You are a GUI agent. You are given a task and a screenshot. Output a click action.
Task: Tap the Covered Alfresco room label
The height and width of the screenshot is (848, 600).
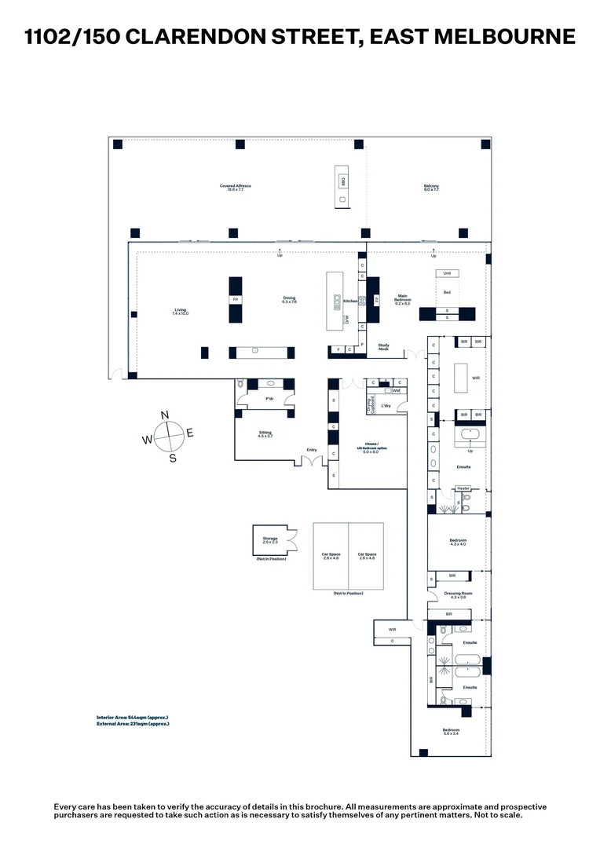tap(236, 188)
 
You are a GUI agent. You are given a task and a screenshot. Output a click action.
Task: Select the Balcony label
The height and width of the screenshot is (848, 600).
tap(431, 188)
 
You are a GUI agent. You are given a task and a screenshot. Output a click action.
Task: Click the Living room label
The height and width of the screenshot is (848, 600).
tap(181, 311)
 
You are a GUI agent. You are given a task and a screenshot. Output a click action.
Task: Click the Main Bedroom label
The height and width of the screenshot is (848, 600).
tap(403, 299)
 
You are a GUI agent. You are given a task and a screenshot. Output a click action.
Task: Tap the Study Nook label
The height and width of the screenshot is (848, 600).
tap(384, 346)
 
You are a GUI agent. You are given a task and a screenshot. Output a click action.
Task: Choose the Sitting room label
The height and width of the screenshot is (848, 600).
tap(265, 434)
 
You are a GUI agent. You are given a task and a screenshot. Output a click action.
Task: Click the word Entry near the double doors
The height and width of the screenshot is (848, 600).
tap(312, 450)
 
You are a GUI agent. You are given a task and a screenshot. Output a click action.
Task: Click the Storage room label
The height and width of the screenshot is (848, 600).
tap(270, 539)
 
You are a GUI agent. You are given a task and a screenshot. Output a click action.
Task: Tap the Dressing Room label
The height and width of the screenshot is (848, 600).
tap(458, 595)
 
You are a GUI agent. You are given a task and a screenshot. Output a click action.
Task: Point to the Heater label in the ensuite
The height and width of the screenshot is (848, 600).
tap(463, 488)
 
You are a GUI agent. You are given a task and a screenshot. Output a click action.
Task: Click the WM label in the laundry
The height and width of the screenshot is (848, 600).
tap(397, 390)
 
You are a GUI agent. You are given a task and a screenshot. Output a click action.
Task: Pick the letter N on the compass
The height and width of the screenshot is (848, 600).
tap(165, 415)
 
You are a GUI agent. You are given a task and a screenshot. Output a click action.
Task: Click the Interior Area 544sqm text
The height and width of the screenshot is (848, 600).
tap(133, 718)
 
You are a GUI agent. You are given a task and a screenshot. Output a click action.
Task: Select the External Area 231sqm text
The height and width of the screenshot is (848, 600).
tap(133, 724)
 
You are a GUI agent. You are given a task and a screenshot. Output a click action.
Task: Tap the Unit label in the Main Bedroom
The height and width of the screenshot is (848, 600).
tap(447, 273)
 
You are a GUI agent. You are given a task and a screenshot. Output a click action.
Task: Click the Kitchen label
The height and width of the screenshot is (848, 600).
tap(350, 301)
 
